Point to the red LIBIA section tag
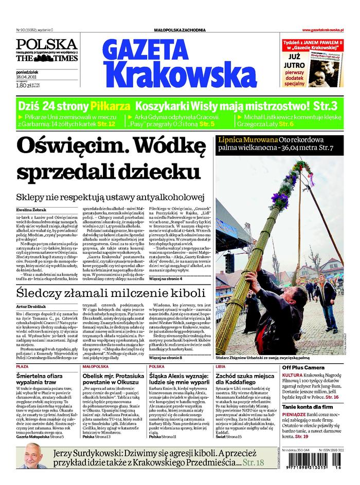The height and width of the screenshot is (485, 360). coord(221,367)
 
